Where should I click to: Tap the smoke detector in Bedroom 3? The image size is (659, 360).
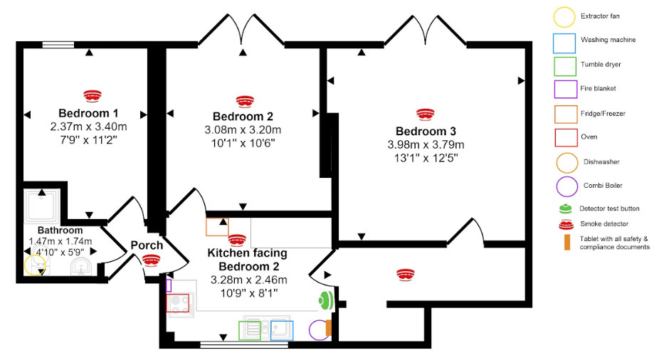(x=425, y=114)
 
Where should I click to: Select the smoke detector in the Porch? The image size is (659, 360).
(x=150, y=260)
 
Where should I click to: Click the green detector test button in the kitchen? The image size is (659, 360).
(x=326, y=300)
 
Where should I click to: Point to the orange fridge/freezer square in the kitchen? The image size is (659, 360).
(x=217, y=226)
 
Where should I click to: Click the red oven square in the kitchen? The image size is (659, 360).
(x=177, y=303)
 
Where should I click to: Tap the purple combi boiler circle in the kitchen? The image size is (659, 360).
(x=320, y=330)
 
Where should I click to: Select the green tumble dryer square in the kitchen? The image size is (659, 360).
(x=249, y=331)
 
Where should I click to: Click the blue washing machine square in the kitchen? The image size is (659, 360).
(x=283, y=331)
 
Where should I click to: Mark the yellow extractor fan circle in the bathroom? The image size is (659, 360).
(x=34, y=265)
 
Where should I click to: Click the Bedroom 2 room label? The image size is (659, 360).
(x=243, y=117)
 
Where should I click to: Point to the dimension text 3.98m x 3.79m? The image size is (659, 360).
(x=426, y=145)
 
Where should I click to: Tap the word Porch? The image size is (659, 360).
(x=147, y=245)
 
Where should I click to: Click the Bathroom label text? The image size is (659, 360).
(x=60, y=231)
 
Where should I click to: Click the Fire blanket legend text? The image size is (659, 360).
(x=598, y=89)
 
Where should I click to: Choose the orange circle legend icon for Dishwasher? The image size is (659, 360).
(x=567, y=162)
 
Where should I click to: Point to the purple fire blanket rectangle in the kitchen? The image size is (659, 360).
(x=169, y=285)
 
